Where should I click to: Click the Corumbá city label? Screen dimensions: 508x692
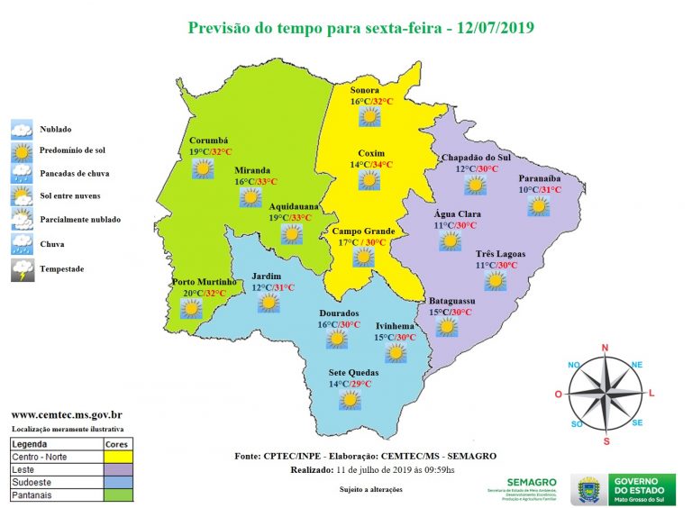click(208, 141)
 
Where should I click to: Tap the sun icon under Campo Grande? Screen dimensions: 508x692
click(362, 258)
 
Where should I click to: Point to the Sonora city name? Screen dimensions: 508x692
click(365, 90)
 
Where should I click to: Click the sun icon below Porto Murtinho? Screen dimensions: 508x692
click(190, 309)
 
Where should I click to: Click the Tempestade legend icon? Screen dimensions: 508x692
click(23, 269)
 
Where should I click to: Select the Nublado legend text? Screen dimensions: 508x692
click(56, 130)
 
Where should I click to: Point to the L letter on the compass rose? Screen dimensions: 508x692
click(651, 394)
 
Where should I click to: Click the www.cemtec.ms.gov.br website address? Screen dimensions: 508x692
click(67, 414)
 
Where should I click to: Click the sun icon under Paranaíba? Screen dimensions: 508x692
click(539, 207)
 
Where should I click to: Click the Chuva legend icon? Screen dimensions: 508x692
click(23, 243)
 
